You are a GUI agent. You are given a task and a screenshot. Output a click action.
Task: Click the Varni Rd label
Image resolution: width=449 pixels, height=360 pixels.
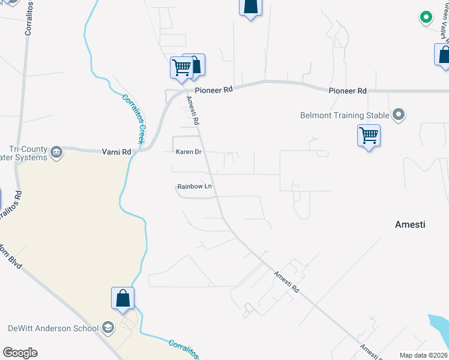(116, 152)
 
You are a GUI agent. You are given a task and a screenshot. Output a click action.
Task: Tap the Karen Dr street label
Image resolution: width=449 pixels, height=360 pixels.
(187, 152)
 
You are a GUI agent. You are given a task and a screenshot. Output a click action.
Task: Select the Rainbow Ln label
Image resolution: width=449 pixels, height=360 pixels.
(195, 187)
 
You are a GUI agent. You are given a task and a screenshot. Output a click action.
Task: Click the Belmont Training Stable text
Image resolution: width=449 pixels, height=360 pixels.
(345, 115)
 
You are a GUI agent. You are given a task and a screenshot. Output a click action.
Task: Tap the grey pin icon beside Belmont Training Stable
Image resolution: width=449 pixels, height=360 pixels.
(398, 115)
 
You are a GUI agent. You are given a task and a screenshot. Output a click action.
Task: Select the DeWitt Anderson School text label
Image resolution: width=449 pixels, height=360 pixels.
(52, 328)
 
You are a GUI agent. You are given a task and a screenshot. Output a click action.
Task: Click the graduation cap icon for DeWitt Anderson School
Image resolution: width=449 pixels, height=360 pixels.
(108, 328)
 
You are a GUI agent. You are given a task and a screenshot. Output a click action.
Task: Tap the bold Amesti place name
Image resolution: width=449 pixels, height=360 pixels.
(410, 224)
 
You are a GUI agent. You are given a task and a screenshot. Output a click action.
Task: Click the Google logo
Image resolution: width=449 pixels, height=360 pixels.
(20, 353)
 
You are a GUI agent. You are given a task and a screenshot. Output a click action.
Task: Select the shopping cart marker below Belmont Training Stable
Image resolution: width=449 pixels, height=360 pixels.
(369, 136)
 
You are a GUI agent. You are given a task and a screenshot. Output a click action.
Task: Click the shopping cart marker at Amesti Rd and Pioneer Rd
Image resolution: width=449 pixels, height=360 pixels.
(182, 68)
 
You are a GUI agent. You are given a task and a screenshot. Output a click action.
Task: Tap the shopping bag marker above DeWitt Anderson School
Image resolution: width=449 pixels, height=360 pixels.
(122, 298)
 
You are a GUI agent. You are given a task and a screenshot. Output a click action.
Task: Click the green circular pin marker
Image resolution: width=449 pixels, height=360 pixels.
(426, 18)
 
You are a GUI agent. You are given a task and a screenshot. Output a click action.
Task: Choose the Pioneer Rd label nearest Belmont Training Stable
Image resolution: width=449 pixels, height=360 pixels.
(347, 91)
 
